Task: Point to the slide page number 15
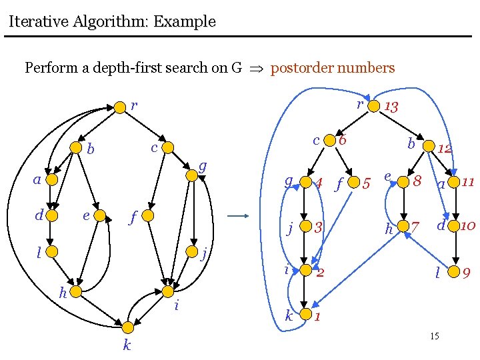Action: pos(434,336)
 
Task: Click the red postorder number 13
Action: pos(391,107)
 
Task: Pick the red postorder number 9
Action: pos(467,273)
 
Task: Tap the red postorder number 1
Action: pos(318,317)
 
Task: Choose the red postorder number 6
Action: pos(342,141)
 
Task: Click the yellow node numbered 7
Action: pos(403,227)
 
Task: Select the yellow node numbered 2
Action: pos(306,270)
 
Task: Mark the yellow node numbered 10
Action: pos(455,227)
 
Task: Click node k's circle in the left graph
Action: pos(127,326)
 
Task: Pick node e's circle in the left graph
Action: pos(99,215)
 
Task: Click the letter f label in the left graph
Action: pos(133,217)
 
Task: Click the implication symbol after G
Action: pos(256,69)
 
